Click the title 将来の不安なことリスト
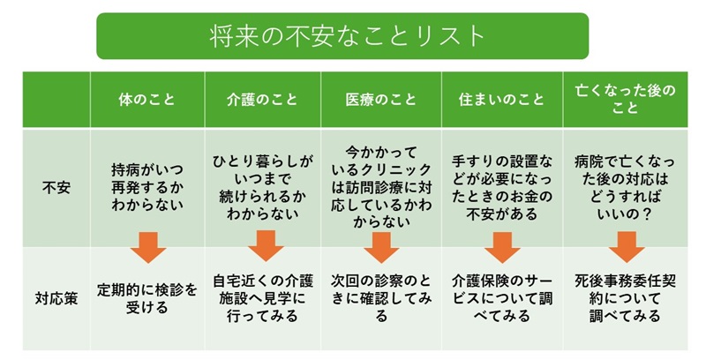(x=347, y=36)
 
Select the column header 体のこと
(x=146, y=100)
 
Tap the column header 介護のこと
(x=262, y=100)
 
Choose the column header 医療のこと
(x=381, y=100)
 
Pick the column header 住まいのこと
(x=501, y=100)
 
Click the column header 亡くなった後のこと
(x=626, y=99)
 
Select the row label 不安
(x=56, y=187)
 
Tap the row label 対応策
(x=56, y=298)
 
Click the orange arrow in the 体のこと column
(x=148, y=247)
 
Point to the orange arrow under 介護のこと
(x=266, y=245)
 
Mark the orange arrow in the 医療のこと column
(x=381, y=247)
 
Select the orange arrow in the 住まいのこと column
(x=502, y=247)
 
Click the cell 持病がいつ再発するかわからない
(x=147, y=187)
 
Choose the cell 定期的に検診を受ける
(x=147, y=298)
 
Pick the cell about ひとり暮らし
(x=263, y=187)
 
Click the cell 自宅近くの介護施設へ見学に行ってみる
(x=263, y=298)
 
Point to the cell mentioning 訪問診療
(x=381, y=186)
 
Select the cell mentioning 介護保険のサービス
(x=501, y=298)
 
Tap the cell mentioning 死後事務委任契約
(x=626, y=298)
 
